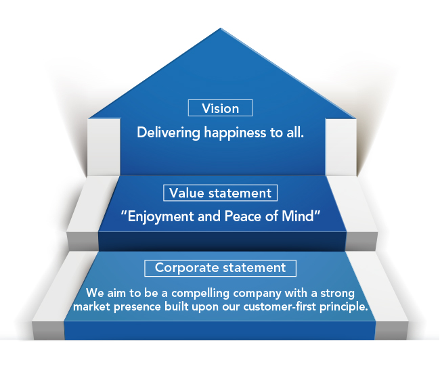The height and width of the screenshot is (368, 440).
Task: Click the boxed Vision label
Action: (x=220, y=108)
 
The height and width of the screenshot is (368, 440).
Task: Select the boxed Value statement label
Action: (x=220, y=193)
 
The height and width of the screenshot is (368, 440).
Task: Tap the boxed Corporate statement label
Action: (x=220, y=268)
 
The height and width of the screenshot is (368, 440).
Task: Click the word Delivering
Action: (x=169, y=133)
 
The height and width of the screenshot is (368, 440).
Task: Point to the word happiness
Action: (x=235, y=133)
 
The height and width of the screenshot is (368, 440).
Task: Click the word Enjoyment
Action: (x=160, y=216)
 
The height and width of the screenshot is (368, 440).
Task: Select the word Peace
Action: (x=242, y=216)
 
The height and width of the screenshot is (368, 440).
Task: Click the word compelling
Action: (x=200, y=294)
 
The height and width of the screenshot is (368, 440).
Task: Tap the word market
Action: (x=91, y=306)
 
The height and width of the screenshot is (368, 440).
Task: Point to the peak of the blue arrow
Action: (x=221, y=28)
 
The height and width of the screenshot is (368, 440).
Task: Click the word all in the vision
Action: (x=295, y=132)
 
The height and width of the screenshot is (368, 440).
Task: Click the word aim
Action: (x=116, y=294)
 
